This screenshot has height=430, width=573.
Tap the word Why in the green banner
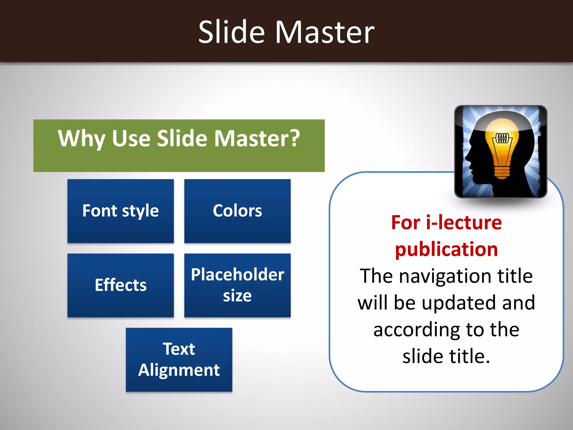pos(81,139)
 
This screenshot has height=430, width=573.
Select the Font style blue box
pos(121,211)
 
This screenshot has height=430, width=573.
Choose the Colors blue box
pos(237,211)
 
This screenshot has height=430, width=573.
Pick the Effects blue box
pos(121,285)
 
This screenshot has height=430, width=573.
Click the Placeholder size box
pos(237,285)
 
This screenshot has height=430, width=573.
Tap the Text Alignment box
pos(179,359)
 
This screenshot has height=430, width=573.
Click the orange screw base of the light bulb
pos(502,172)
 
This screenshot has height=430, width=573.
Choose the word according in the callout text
pos(416,330)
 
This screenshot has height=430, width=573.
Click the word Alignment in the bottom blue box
pos(179,370)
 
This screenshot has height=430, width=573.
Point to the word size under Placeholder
pos(237,296)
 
